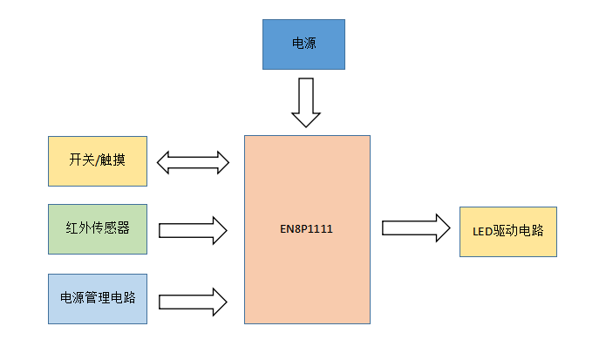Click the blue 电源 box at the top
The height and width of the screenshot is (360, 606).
click(x=305, y=44)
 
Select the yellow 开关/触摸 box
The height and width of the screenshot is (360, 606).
click(x=98, y=161)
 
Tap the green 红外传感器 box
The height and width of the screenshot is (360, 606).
click(x=98, y=230)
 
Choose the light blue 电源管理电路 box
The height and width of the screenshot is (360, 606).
click(x=98, y=299)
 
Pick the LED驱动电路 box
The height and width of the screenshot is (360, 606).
click(x=507, y=231)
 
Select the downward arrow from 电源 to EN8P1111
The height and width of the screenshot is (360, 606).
click(x=305, y=101)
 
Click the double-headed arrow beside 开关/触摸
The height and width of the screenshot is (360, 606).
click(x=193, y=162)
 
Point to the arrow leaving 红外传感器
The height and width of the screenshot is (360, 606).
click(x=193, y=231)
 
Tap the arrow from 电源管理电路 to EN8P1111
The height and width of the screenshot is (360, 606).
click(x=193, y=301)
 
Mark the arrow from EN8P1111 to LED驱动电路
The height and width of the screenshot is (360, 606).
click(x=416, y=229)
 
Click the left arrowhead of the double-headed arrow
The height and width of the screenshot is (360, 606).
click(x=165, y=162)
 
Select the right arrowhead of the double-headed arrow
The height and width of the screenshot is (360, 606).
click(x=221, y=162)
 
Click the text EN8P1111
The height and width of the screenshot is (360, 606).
click(x=307, y=230)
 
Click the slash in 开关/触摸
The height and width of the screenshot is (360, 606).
click(x=98, y=161)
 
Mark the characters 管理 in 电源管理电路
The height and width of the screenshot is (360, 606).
click(x=98, y=299)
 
